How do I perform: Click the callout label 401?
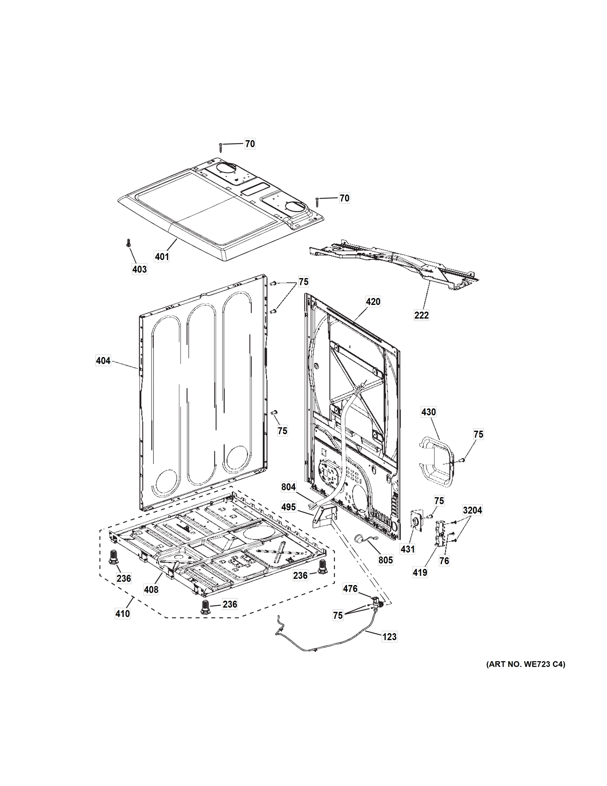click(x=162, y=257)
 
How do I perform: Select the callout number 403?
click(x=139, y=269)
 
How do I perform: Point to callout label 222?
click(x=421, y=315)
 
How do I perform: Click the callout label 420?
click(x=373, y=302)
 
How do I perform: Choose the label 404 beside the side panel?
click(x=103, y=360)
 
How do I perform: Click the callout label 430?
click(x=428, y=412)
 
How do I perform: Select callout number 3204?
click(x=473, y=510)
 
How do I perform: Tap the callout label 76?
click(x=444, y=561)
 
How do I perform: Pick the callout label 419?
click(x=420, y=572)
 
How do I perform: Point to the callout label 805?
click(x=385, y=560)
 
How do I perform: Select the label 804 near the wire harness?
click(x=288, y=487)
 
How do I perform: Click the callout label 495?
click(x=288, y=507)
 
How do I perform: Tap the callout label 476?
click(x=350, y=589)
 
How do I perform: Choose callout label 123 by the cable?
click(x=389, y=637)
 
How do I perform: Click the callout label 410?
click(x=122, y=614)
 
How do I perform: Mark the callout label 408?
click(x=151, y=589)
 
